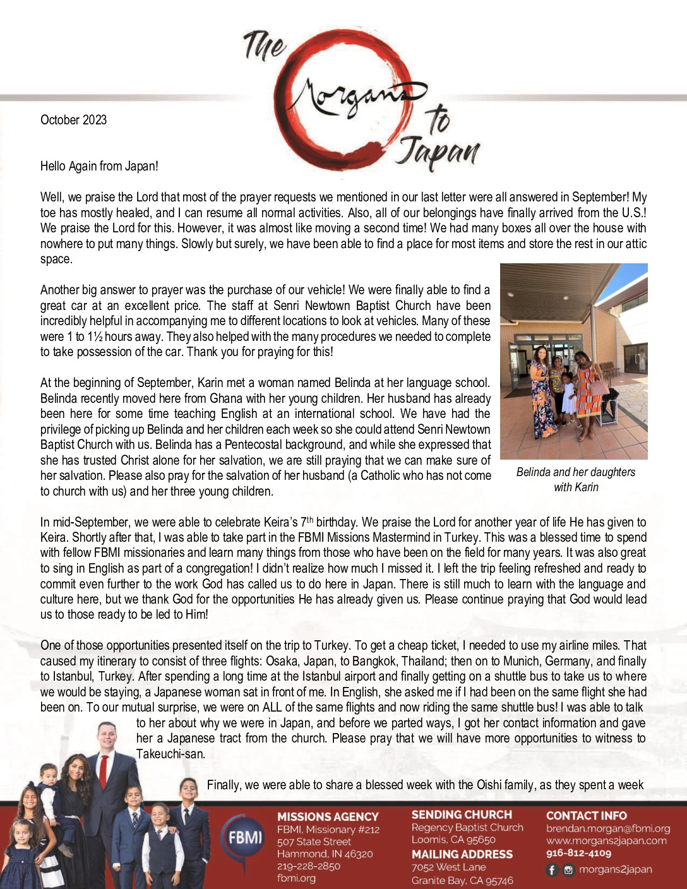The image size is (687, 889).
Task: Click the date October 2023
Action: coord(73,120)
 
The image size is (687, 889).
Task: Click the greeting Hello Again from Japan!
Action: coord(99,166)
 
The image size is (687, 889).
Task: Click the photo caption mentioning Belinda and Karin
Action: coord(575,479)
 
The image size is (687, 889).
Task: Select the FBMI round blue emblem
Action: coord(244,838)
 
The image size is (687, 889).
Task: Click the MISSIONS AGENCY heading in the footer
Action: coord(328,816)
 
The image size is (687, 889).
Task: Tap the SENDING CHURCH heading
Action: coord(462,814)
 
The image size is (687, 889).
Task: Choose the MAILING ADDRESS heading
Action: coord(462,854)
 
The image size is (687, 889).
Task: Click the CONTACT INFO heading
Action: coord(586,815)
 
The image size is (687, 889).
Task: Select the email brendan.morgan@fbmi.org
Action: coord(607,828)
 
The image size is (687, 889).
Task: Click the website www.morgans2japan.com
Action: coord(606,840)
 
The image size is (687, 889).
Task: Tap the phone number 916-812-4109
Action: coord(578,853)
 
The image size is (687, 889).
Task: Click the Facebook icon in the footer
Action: coord(552,869)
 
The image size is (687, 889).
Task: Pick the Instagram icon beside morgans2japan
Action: coord(568,869)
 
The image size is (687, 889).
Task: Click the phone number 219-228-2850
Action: coord(308,866)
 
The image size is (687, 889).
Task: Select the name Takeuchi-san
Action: coord(170,753)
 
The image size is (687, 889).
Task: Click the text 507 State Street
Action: coord(314,841)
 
